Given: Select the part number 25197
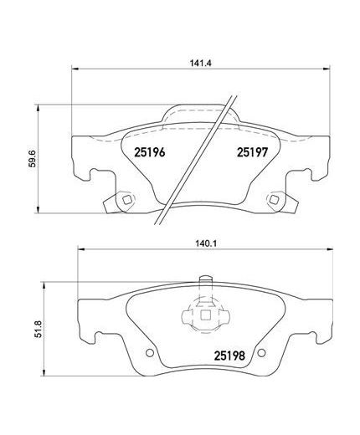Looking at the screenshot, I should click(250, 151).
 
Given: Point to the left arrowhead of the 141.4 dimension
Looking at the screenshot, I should click(76, 70).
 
